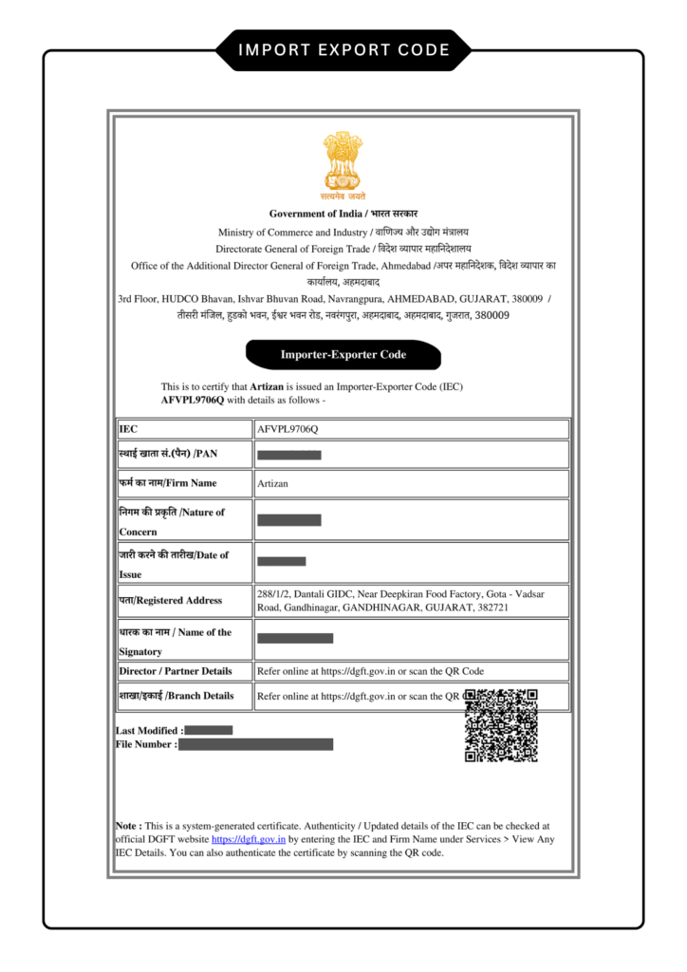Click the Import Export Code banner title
point(343,49)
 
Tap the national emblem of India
point(343,163)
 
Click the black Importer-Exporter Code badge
point(343,355)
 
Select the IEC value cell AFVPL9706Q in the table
point(288,429)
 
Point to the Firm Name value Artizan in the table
point(272,483)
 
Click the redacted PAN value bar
point(289,456)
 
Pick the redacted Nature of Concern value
point(289,520)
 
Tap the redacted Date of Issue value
point(282,561)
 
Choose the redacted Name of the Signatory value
point(295,639)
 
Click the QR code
point(501,725)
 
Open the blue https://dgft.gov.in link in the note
point(249,840)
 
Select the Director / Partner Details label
point(176,671)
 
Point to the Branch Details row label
point(176,696)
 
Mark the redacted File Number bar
point(256,745)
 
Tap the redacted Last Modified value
point(209,730)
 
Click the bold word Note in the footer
point(127,827)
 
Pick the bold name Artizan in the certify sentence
point(267,387)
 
